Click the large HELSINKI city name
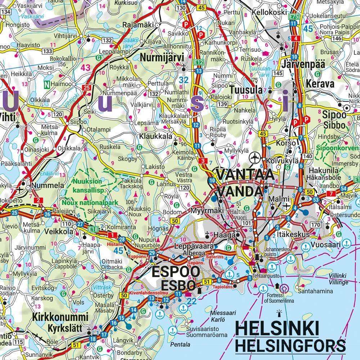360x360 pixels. point(277,329)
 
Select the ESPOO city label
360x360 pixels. point(175,272)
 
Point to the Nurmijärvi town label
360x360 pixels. point(162,58)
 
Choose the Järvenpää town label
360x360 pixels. point(304,64)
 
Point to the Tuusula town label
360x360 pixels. point(246,90)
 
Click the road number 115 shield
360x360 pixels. point(18,341)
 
